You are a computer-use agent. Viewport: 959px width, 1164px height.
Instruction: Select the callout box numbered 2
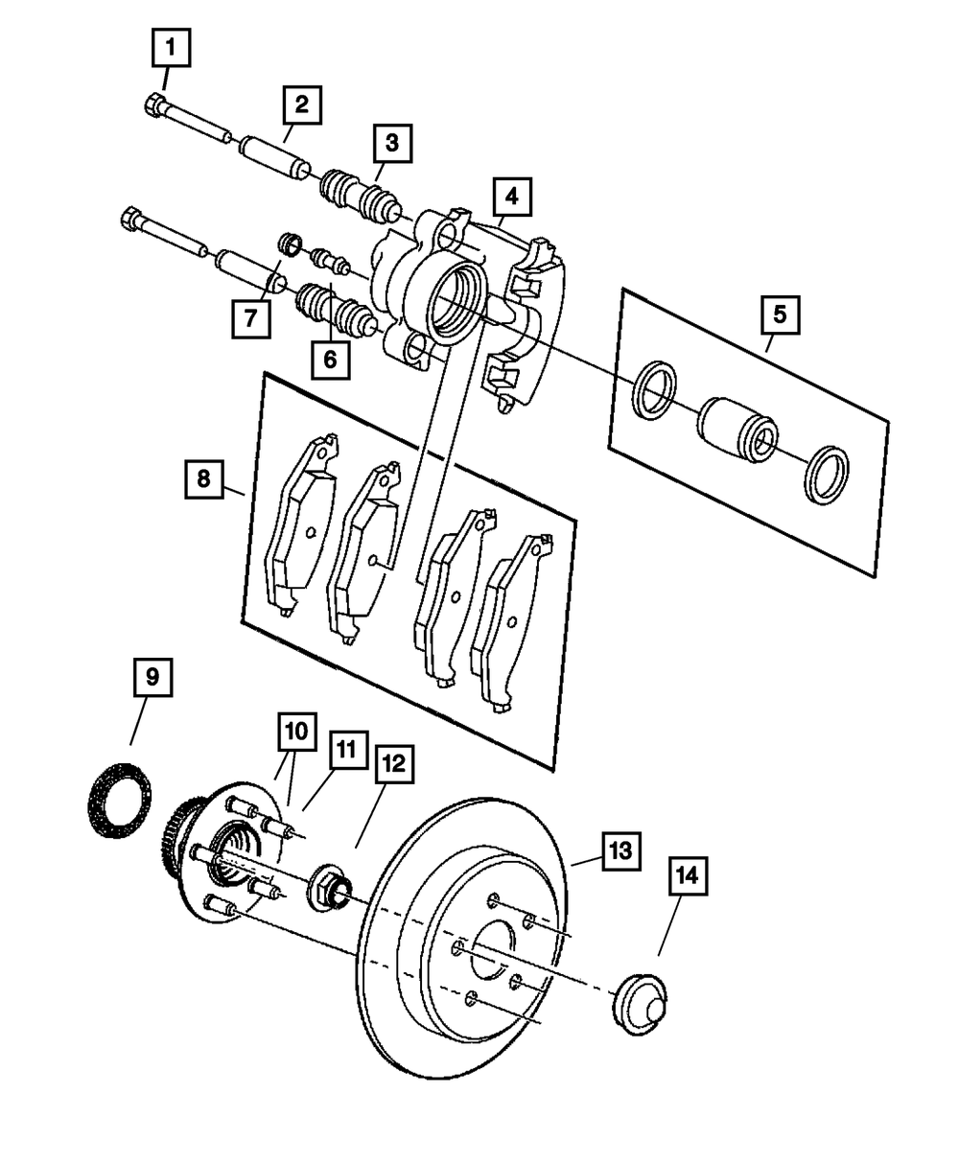tap(301, 106)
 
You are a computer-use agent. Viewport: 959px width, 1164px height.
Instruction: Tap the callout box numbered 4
tap(511, 198)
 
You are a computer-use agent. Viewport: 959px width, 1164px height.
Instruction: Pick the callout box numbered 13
tap(620, 850)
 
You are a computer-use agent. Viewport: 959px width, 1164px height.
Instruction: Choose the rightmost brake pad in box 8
tap(509, 623)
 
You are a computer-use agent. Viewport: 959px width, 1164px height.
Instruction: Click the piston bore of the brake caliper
tap(458, 299)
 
